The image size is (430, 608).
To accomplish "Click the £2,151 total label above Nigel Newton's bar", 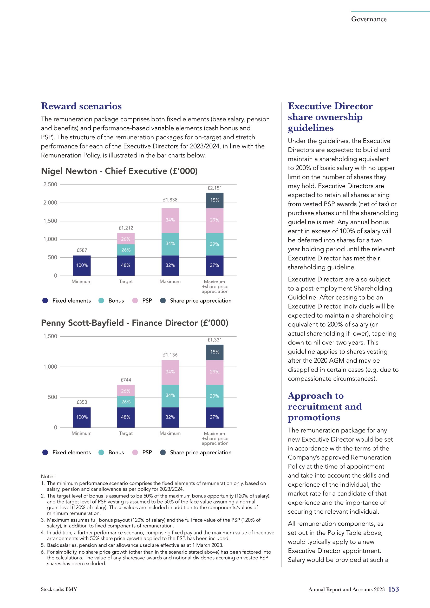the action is pos(214,188).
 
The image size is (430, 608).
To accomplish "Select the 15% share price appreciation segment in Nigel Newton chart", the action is pos(214,200).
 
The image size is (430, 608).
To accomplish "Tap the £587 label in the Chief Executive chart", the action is pos(82,250).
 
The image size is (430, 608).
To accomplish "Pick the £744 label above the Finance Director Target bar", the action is pos(126,380).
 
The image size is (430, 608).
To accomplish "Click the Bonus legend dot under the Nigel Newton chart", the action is pos(101,300).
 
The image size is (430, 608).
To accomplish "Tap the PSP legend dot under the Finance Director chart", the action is pos(135,452).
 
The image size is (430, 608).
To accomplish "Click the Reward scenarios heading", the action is pos(81,106).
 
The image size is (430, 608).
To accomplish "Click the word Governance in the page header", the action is pos(369,19).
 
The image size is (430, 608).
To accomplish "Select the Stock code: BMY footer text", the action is pos(59,589).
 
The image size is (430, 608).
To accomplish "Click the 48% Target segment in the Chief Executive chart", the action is pos(126,265).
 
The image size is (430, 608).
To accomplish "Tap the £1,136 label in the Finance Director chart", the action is pos(170,355).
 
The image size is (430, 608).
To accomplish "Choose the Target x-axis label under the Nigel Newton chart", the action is pos(126,282).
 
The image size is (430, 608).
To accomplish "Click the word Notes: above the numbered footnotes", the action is pos(48,476).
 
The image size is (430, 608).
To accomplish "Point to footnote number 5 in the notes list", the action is pos(43,545).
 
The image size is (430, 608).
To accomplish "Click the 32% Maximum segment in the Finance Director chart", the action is pos(170,417).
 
